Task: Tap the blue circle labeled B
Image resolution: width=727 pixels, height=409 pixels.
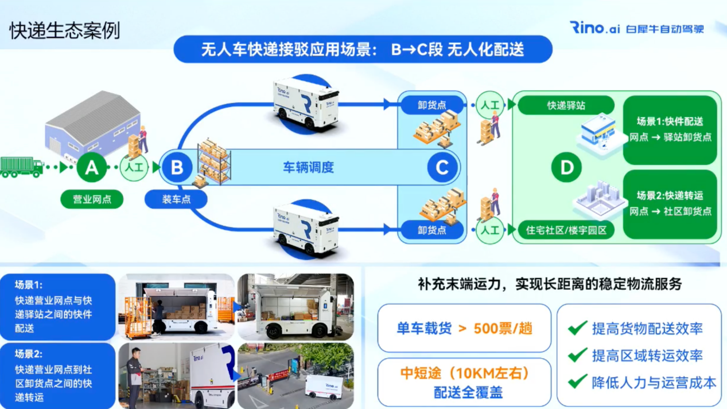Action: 177,167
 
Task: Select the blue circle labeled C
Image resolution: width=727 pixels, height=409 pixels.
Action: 442,167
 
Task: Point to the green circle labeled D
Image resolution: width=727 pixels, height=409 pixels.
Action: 566,167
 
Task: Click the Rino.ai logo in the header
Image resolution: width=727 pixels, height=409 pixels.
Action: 594,27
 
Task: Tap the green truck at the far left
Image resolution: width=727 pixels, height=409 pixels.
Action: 22,167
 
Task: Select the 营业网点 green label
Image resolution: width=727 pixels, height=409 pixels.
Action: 92,199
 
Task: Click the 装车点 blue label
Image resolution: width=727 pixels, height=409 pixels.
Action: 176,199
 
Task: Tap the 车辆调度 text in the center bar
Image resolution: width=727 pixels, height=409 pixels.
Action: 309,167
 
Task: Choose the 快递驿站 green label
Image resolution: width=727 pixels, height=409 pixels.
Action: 566,105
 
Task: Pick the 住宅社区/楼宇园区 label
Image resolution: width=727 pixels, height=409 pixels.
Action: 566,230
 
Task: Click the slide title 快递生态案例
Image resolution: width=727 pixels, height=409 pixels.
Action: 65,30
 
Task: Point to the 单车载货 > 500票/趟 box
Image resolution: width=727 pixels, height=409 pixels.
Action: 464,328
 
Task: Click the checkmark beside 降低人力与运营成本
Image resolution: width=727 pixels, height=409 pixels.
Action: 577,382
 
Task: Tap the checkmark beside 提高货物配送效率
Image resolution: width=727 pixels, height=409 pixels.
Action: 577,328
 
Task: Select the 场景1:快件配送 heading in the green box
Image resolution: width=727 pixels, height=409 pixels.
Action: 670,121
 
